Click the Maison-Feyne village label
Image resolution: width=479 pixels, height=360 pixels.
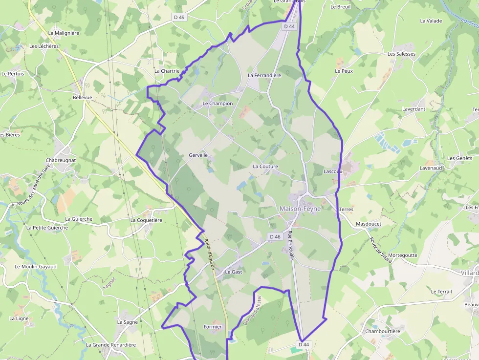[300, 209]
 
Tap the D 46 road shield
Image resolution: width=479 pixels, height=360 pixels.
[275, 236]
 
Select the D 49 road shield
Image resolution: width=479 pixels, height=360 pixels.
[179, 17]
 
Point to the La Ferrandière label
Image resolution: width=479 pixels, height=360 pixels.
[264, 75]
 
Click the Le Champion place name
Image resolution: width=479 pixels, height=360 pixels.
[218, 104]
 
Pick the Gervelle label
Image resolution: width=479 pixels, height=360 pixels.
[198, 155]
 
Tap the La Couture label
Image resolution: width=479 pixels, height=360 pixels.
[265, 167]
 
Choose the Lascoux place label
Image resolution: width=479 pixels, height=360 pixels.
[333, 171]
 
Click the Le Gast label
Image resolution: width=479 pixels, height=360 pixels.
[233, 272]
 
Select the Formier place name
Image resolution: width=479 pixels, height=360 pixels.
[213, 327]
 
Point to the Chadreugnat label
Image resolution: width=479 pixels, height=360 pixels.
[61, 160]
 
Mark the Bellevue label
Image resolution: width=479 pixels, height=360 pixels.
[82, 98]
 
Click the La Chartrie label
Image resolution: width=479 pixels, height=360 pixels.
[167, 71]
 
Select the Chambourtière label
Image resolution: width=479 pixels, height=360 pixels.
[383, 331]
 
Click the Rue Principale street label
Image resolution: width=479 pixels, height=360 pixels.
[291, 245]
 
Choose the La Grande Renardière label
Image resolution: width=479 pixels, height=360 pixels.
[111, 344]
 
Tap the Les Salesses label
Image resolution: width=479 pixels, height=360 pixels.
[401, 54]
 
